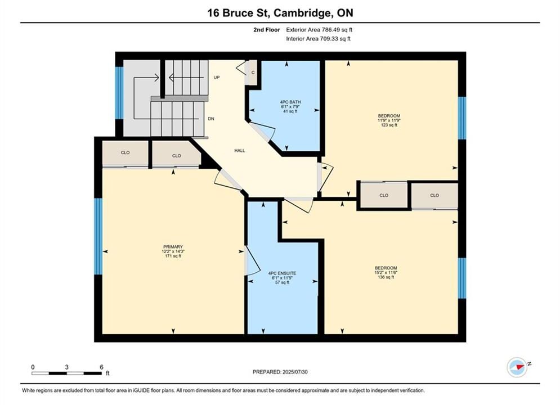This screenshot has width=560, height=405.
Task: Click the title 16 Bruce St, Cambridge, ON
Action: point(280,13)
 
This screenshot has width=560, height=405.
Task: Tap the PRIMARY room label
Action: point(173,247)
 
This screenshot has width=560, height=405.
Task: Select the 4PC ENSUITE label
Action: point(282,273)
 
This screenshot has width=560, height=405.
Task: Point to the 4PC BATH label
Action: point(290,102)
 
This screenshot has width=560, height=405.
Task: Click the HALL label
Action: point(240,151)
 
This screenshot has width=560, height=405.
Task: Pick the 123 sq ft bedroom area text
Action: point(389,125)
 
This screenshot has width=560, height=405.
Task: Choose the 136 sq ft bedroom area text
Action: point(386,277)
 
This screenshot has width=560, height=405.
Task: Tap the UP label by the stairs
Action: point(217,78)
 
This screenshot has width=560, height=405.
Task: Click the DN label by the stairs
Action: point(211,119)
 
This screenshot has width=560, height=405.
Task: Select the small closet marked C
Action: point(253,73)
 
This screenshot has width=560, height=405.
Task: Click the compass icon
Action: point(517,367)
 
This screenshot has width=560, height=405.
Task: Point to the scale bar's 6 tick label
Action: point(101,367)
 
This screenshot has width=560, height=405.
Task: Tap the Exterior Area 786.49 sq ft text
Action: point(319,30)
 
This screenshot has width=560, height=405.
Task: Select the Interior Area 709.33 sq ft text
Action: point(318,39)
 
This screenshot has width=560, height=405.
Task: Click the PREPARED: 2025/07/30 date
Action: point(280,372)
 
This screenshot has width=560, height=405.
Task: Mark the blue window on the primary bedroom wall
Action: point(98,236)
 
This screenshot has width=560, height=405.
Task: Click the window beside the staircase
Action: point(119,93)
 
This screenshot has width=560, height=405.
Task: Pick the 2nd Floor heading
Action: point(267,30)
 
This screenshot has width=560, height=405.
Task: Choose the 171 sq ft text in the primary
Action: point(173,256)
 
